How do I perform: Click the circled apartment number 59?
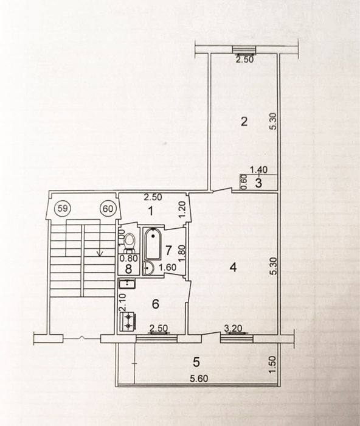click(x=63, y=209)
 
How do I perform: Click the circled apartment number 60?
click(x=108, y=209)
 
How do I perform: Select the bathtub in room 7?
click(x=153, y=243)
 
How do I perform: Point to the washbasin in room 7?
click(x=148, y=269)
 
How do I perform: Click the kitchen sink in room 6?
click(x=127, y=284)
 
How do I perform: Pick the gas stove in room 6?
click(x=128, y=322)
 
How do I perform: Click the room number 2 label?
click(x=244, y=122)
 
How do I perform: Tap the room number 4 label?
click(x=234, y=268)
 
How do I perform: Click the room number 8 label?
click(x=128, y=269)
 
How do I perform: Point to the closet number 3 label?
click(x=258, y=183)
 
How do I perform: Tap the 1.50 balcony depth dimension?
click(x=273, y=365)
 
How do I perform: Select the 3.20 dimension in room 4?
click(x=234, y=329)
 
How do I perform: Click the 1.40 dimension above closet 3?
click(x=258, y=170)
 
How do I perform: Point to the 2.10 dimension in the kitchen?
click(x=123, y=302)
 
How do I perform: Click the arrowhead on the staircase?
click(x=100, y=254)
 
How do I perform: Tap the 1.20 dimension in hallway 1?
click(x=182, y=210)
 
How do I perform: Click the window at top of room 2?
click(x=244, y=49)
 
